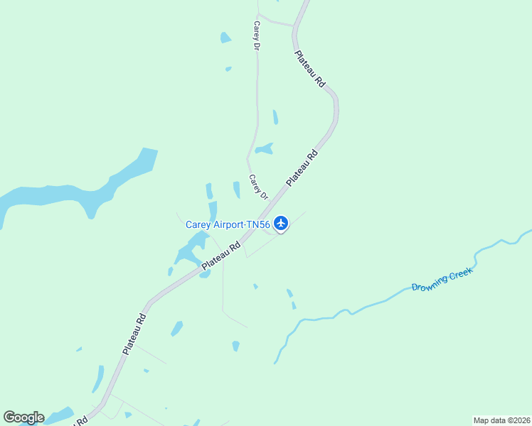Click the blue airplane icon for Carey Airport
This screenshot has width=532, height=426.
pos(281,224)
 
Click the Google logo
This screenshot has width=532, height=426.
pos(23,417)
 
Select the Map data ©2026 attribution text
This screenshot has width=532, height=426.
pos(501,420)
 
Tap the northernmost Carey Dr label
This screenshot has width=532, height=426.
pos(256,35)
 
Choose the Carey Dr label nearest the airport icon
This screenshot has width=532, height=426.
pos(258,187)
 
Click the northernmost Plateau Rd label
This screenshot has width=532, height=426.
pos(310,69)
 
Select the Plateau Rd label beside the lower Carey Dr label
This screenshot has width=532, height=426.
pos(302,168)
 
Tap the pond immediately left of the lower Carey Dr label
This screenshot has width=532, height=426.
pos(236,189)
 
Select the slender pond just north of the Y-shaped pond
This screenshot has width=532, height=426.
pos(275,116)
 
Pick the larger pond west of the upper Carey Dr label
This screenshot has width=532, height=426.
pos(225,38)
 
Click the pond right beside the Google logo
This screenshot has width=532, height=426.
pos(60,413)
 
